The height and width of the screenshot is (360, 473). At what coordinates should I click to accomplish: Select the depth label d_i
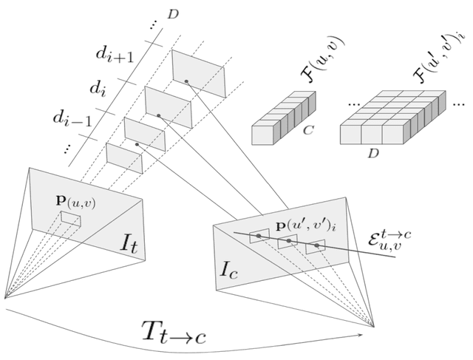[99, 89]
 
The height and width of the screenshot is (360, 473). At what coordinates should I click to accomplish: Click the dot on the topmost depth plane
[187, 80]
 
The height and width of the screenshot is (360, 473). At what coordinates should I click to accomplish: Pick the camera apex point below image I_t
[5, 298]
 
